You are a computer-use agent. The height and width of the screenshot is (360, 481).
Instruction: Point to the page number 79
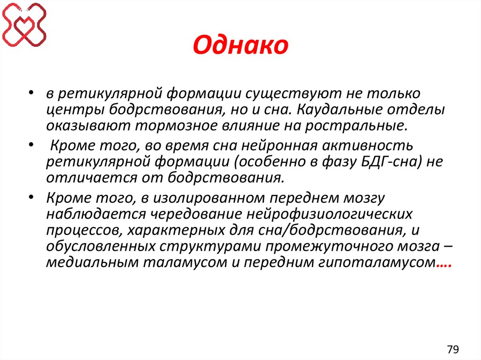453,349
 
